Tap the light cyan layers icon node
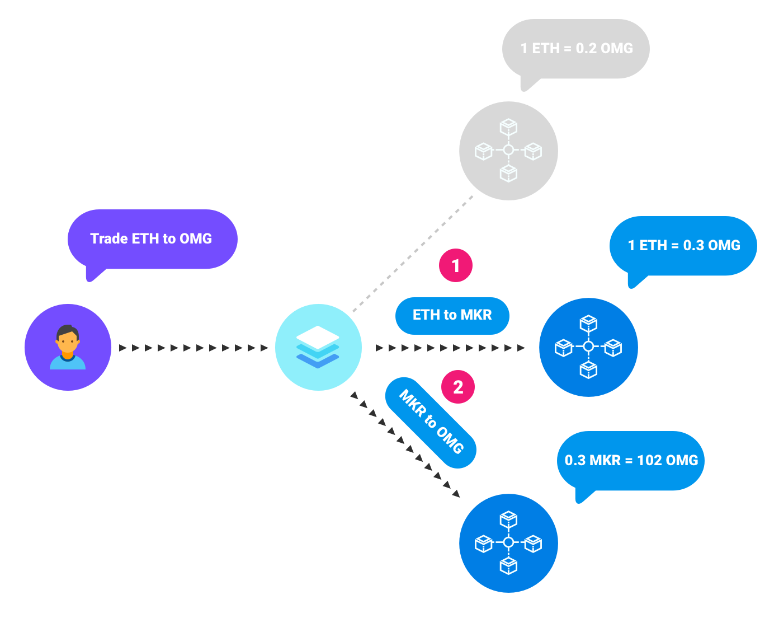click(318, 347)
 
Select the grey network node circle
click(508, 151)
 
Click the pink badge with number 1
click(456, 265)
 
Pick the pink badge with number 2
click(458, 387)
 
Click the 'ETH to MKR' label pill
click(452, 315)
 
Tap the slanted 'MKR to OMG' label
click(431, 422)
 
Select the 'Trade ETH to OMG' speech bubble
click(152, 239)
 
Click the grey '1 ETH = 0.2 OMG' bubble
click(576, 49)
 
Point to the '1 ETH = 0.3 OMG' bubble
click(683, 246)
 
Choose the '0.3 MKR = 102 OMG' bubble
click(631, 460)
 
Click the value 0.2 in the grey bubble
click(586, 49)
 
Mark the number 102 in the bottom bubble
click(649, 460)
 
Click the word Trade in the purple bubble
click(109, 239)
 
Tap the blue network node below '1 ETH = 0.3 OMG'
click(588, 347)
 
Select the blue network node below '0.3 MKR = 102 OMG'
click(508, 543)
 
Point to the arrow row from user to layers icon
click(193, 348)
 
